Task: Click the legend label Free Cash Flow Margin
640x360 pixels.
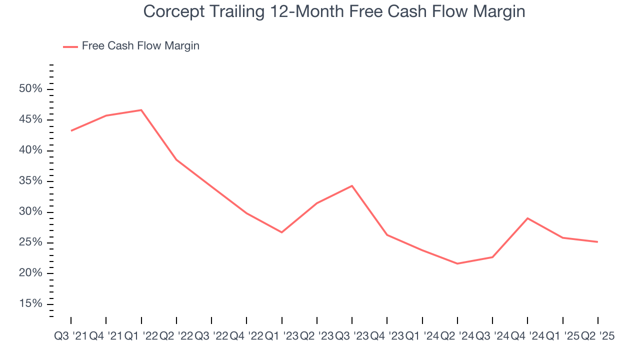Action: pyautogui.click(x=140, y=46)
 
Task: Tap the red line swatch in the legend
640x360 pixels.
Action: pyautogui.click(x=70, y=46)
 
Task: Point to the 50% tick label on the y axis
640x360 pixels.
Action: pyautogui.click(x=30, y=89)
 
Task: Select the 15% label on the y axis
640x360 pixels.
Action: pyautogui.click(x=30, y=304)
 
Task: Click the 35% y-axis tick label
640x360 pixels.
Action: pyautogui.click(x=30, y=181)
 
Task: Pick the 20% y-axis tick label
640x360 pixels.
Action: pyautogui.click(x=30, y=273)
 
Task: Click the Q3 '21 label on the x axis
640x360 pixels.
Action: pyautogui.click(x=70, y=336)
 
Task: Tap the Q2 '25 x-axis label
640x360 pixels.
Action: pyautogui.click(x=597, y=336)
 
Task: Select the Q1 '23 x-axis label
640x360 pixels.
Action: pyautogui.click(x=281, y=336)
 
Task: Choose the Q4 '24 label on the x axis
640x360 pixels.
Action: pyautogui.click(x=527, y=336)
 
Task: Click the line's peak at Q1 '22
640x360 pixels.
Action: pyautogui.click(x=141, y=110)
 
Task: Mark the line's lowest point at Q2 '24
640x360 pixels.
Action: pyautogui.click(x=457, y=263)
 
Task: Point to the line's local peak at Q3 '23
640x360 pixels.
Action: pyautogui.click(x=352, y=186)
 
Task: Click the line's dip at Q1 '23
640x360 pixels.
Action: pyautogui.click(x=281, y=232)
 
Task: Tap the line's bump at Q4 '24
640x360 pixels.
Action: pyautogui.click(x=527, y=218)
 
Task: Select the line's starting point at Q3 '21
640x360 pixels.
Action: pyautogui.click(x=71, y=130)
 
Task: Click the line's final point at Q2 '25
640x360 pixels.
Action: pyautogui.click(x=597, y=242)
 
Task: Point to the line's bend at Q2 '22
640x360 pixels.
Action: pyautogui.click(x=176, y=159)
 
